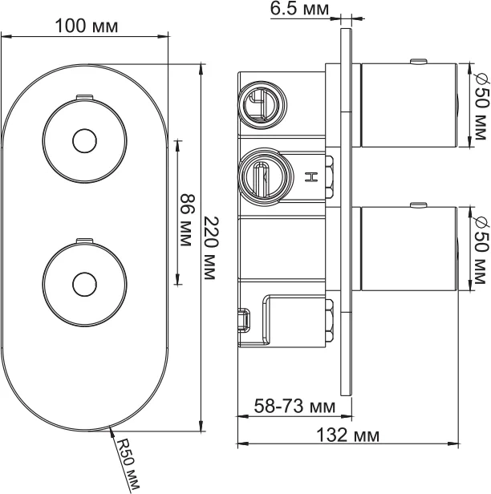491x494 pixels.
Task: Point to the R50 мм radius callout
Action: point(128,464)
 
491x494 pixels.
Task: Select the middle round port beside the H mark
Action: point(260,173)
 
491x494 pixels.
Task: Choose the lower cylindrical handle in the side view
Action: point(408,248)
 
